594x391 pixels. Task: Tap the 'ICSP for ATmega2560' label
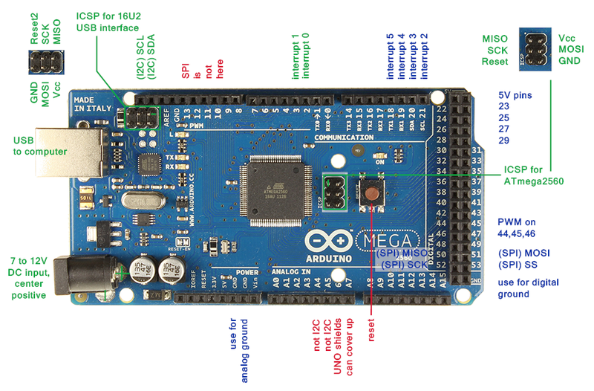point(532,174)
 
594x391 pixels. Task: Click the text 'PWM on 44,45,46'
point(527,227)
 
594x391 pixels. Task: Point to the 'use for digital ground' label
point(529,288)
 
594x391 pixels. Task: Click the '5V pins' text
point(515,95)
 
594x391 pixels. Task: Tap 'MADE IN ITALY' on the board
point(89,104)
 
